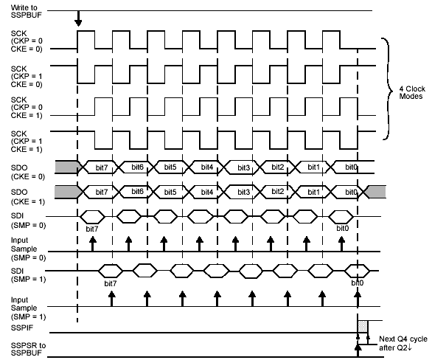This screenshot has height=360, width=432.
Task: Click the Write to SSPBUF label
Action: (x=27, y=12)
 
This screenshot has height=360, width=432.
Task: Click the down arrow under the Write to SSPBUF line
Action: (x=79, y=18)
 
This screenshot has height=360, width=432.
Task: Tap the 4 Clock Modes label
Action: (x=412, y=93)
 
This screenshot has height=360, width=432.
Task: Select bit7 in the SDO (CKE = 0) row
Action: (x=102, y=167)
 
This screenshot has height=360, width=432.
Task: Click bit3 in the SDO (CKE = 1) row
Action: (x=243, y=192)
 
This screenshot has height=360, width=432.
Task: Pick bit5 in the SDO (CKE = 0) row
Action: (x=170, y=167)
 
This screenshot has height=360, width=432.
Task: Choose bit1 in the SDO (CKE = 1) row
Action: (x=313, y=192)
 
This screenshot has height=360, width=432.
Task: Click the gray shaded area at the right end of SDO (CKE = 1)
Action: (x=377, y=192)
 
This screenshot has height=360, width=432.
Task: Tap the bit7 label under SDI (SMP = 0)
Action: (x=91, y=229)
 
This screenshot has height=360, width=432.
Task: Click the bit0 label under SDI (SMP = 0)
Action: (x=343, y=228)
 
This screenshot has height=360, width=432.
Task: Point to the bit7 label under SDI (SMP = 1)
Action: (x=110, y=283)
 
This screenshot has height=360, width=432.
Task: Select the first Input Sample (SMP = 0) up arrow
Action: (x=93, y=243)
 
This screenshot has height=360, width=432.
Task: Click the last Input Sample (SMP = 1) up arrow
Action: (x=358, y=299)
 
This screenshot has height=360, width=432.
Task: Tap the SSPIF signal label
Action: (x=22, y=328)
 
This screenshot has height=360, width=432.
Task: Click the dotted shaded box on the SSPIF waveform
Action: (x=363, y=326)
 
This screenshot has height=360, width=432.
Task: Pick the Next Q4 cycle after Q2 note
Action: (x=403, y=343)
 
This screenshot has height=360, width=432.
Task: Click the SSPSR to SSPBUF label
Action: (x=28, y=349)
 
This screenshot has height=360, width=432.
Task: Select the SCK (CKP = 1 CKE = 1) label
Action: (x=27, y=142)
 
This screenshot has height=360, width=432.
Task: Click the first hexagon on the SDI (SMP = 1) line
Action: (x=111, y=271)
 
